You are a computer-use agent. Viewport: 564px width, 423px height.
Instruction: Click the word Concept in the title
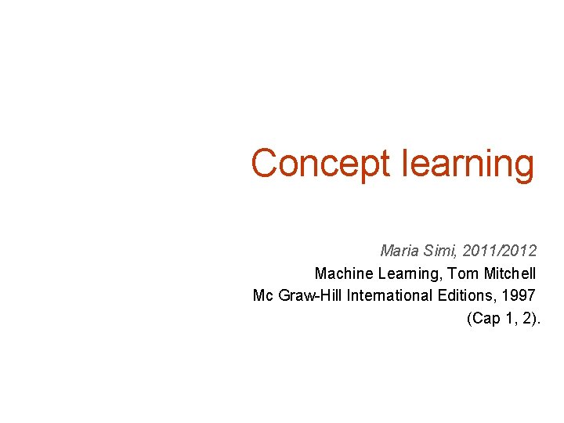(320, 164)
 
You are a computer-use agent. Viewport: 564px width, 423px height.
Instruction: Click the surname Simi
(440, 251)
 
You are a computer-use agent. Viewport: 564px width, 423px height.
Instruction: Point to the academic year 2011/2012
(500, 251)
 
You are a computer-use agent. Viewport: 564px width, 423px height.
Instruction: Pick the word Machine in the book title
(342, 273)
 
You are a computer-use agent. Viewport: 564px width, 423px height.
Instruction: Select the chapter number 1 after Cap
(508, 318)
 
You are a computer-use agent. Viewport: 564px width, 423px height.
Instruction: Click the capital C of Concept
(265, 164)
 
